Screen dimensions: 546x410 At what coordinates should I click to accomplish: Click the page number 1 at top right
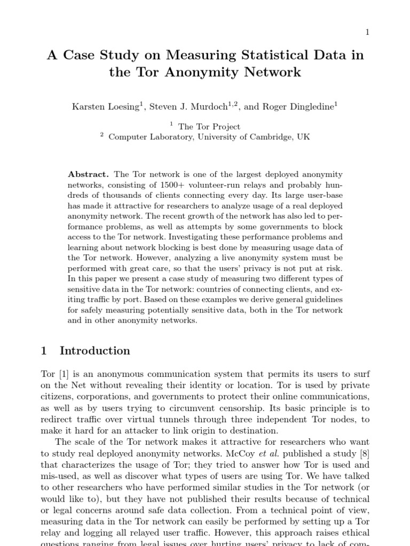coord(367,33)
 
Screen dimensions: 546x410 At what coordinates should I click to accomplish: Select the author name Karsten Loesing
coord(105,106)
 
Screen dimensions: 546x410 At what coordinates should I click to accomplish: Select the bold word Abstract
coord(88,175)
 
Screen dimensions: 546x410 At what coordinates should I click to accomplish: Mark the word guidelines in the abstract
coord(325,300)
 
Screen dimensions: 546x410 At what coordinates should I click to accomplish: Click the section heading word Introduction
coord(94,351)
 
